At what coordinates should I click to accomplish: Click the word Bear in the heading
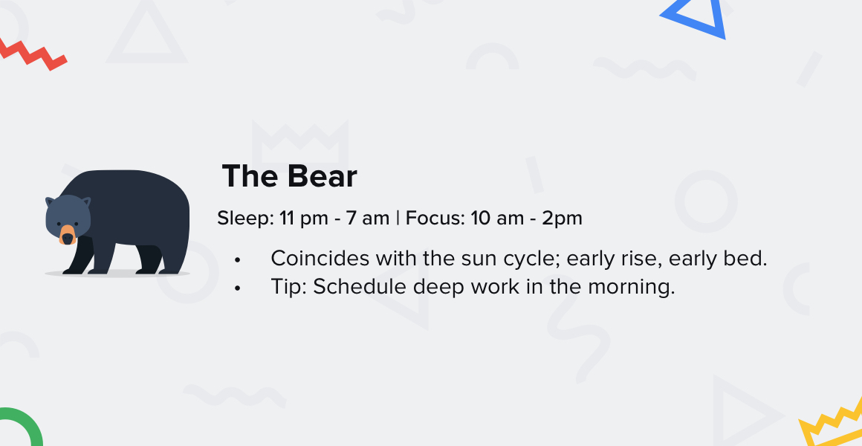pyautogui.click(x=322, y=176)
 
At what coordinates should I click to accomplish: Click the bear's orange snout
pyautogui.click(x=68, y=235)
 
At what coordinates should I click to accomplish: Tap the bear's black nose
pyautogui.click(x=68, y=238)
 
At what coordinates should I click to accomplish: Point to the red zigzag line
pyautogui.click(x=33, y=54)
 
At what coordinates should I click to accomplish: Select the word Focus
pyautogui.click(x=435, y=218)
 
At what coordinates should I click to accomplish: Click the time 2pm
pyautogui.click(x=562, y=219)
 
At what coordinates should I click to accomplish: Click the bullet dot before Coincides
pyautogui.click(x=238, y=259)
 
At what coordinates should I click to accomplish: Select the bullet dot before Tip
pyautogui.click(x=238, y=288)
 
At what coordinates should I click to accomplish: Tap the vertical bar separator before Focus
pyautogui.click(x=398, y=219)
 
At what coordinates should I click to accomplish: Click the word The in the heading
pyautogui.click(x=250, y=176)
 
